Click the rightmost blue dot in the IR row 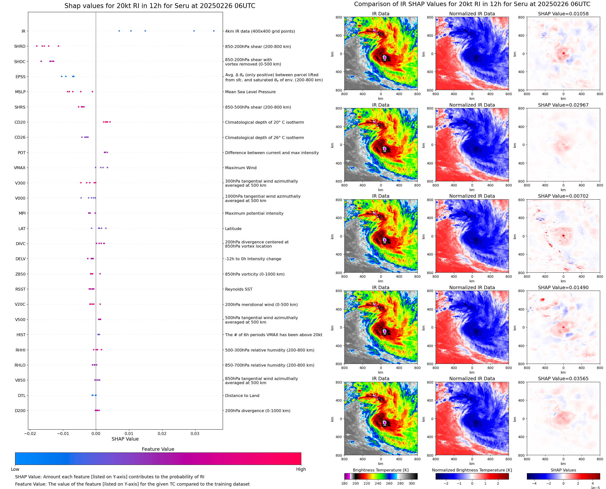coord(214,31)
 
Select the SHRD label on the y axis coord(20,46)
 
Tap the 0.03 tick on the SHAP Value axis coord(195,433)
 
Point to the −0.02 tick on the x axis coord(30,433)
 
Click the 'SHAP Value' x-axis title coord(125,439)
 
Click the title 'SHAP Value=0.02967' coord(563,105)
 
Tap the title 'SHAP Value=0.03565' coord(563,378)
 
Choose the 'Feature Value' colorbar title coord(158,449)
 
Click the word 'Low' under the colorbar coord(15,469)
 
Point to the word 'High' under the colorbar coord(301,469)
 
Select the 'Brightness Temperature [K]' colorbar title coord(380,470)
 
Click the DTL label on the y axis coord(22,396)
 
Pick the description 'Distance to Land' coord(242,396)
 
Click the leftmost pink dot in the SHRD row coord(37,46)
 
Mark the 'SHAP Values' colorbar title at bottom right coord(563,470)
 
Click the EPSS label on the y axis coord(20,77)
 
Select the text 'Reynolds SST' coord(239,289)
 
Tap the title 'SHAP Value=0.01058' coord(563,14)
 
